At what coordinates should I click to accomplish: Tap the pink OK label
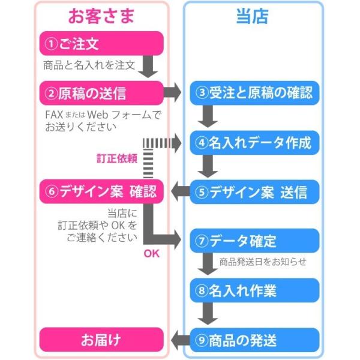[151, 253]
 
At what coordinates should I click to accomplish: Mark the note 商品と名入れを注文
[89, 64]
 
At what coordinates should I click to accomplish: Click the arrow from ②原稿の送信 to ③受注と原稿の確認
[174, 93]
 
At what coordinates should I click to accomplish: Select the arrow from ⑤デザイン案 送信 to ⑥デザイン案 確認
[179, 192]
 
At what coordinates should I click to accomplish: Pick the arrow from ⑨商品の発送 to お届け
[179, 340]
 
